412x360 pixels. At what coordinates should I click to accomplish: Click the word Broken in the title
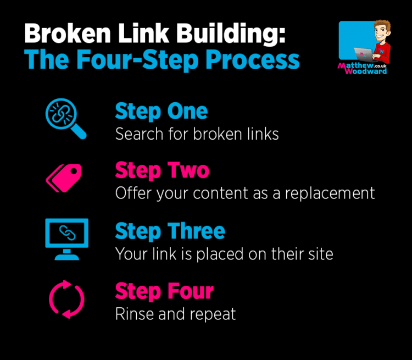[68, 33]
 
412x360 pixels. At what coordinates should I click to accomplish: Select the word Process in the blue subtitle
[252, 59]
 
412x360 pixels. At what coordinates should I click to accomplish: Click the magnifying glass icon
[66, 119]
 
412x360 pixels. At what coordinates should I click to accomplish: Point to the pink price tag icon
[64, 178]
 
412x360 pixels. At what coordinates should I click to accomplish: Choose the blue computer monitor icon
[66, 239]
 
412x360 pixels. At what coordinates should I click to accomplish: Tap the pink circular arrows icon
[66, 299]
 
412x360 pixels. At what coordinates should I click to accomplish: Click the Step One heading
[162, 112]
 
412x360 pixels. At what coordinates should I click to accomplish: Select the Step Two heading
[162, 171]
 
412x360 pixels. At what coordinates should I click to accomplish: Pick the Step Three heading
[170, 231]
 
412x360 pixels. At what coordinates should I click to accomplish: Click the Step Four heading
[164, 291]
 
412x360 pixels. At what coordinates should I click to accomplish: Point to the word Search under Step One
[140, 134]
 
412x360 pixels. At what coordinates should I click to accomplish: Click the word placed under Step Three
[220, 254]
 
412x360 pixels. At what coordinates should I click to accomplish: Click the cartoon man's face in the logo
[382, 32]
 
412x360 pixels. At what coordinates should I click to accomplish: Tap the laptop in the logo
[364, 54]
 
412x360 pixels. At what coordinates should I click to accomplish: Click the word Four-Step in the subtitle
[137, 59]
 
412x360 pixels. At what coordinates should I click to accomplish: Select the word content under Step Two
[221, 193]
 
